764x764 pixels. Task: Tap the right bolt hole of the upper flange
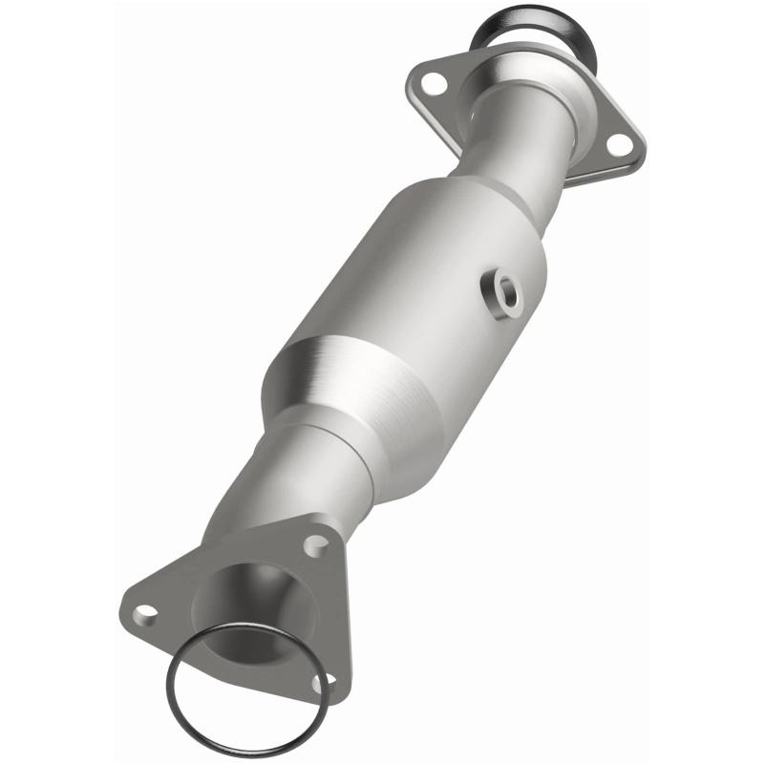pos(619,144)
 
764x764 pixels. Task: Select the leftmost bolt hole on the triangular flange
pos(145,611)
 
